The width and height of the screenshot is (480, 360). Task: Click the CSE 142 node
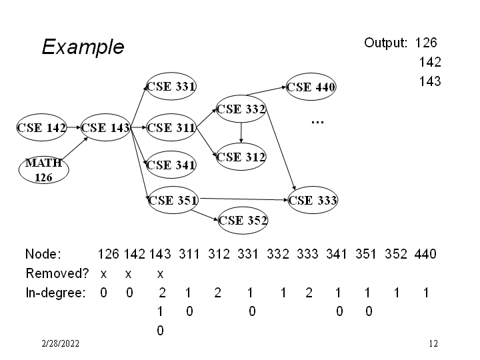(41, 128)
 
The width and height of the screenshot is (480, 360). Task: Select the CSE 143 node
(105, 128)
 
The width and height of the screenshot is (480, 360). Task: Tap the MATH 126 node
(43, 170)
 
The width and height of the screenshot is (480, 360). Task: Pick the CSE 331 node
(171, 86)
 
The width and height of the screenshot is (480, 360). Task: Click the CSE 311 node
(171, 128)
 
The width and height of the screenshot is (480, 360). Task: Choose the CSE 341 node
(171, 165)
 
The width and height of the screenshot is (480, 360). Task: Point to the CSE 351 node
(172, 199)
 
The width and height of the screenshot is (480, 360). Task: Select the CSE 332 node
(241, 108)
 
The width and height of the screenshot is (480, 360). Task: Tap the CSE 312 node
(241, 157)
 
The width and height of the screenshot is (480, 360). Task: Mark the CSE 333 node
(313, 199)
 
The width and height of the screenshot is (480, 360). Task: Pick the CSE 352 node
(243, 219)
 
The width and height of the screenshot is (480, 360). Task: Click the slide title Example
(83, 47)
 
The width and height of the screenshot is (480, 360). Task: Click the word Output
(385, 43)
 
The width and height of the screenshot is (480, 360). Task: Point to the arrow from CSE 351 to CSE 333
(243, 198)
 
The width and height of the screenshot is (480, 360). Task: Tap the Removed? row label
(54, 273)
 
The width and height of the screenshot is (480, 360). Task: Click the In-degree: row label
(55, 293)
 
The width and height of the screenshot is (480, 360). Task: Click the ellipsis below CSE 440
(317, 122)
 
